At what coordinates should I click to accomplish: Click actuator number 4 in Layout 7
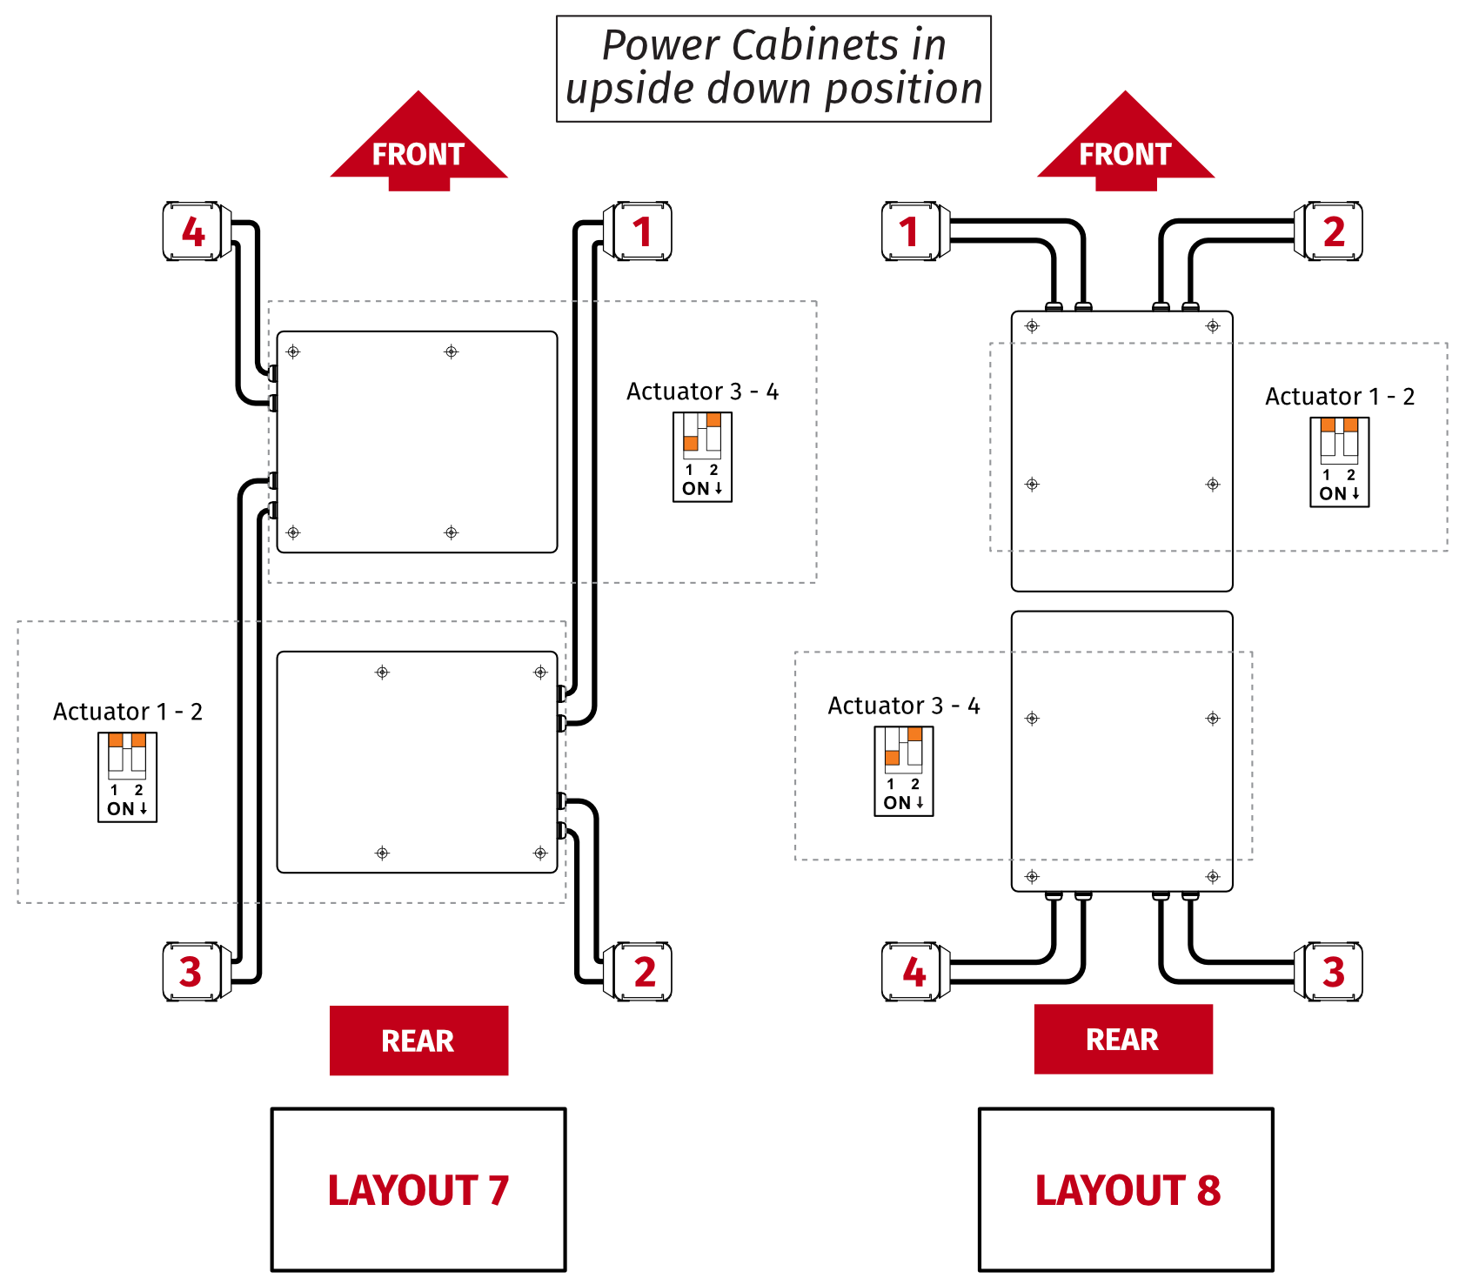tap(196, 231)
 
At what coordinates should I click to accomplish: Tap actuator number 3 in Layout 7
tap(193, 971)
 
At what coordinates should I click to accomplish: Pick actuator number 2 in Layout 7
tap(642, 971)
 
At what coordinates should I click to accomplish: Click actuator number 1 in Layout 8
tap(912, 231)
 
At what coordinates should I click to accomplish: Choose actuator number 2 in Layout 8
tap(1331, 231)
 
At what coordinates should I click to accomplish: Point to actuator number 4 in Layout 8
tap(912, 971)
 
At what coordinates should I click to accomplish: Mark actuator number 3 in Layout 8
tap(1331, 971)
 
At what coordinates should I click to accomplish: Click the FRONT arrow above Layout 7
tap(418, 148)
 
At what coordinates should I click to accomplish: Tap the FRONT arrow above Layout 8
tap(1125, 148)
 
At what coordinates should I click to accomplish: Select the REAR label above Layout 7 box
tap(418, 1041)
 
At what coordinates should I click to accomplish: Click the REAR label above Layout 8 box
tap(1122, 1039)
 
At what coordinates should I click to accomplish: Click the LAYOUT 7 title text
tap(418, 1190)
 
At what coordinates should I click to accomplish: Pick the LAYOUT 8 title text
tap(1127, 1190)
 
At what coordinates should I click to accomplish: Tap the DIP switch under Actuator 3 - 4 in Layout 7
tap(702, 457)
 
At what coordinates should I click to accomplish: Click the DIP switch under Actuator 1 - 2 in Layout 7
tap(127, 777)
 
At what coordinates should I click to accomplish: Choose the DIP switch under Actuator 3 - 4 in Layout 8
tap(903, 771)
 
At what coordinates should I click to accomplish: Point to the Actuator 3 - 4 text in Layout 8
tap(903, 706)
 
